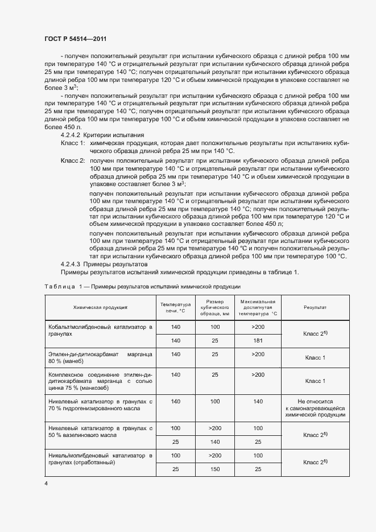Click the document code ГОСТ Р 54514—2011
coord(75,39)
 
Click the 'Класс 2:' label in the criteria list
coord(72,161)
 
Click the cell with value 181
coord(258,340)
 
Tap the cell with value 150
coord(214,469)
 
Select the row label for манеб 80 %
coord(99,358)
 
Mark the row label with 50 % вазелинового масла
coord(99,431)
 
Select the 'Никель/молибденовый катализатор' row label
coord(99,459)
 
